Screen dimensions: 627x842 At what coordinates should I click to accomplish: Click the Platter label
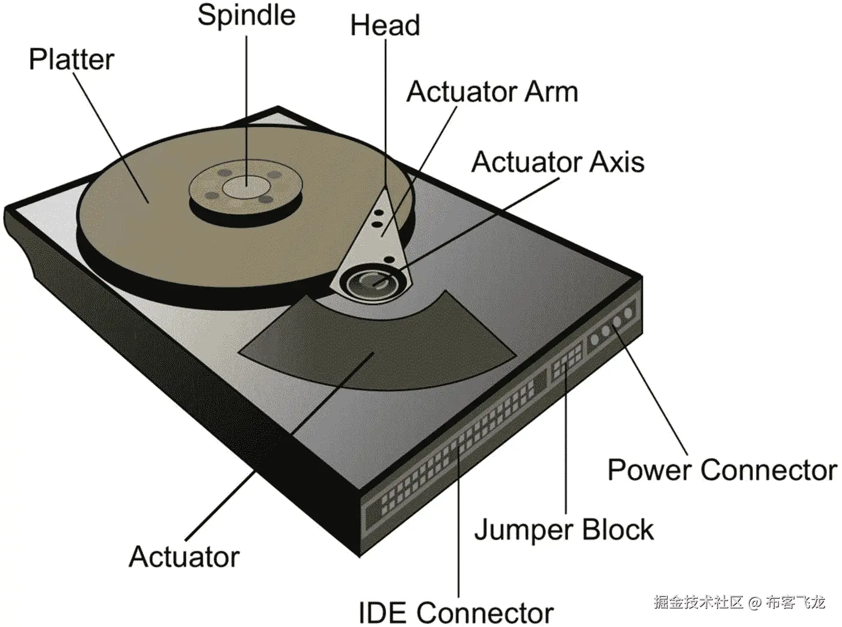[x=72, y=60]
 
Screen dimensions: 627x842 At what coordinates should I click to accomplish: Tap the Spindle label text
[x=247, y=15]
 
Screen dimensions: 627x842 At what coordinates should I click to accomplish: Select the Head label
[x=385, y=26]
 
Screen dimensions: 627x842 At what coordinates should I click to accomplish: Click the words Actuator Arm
[x=492, y=92]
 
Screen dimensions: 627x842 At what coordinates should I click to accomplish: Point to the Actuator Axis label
[x=558, y=162]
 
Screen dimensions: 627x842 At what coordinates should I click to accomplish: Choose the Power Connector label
[x=722, y=470]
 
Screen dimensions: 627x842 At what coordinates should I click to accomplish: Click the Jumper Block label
[x=564, y=530]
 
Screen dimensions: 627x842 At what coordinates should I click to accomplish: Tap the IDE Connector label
[x=456, y=613]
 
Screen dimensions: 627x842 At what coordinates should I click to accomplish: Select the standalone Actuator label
[x=184, y=557]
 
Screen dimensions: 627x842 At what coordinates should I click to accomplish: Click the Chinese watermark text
[x=739, y=601]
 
